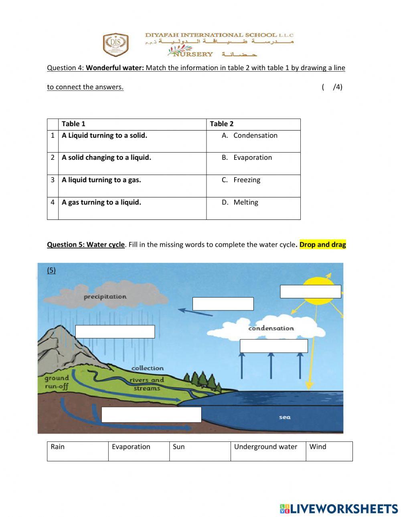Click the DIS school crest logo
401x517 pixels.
tap(116, 44)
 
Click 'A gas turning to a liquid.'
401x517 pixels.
tap(101, 202)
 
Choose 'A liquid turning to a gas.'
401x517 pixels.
tap(101, 180)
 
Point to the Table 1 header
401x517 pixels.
tap(73, 124)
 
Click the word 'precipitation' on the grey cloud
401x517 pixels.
tap(105, 297)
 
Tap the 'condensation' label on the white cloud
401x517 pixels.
tap(271, 328)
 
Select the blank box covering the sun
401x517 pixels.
tap(310, 292)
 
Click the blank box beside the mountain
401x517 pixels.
tap(115, 332)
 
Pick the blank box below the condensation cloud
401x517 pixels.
tap(274, 346)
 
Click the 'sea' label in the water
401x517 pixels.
tap(285, 417)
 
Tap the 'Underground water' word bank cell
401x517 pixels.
tap(265, 447)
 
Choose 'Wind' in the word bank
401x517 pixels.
tap(318, 447)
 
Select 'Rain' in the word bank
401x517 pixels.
tap(58, 447)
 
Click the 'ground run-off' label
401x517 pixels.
tap(57, 382)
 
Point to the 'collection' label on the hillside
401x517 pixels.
tap(148, 368)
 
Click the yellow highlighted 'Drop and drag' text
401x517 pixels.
tap(322, 245)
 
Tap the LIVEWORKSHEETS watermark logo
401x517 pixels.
tap(339, 509)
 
